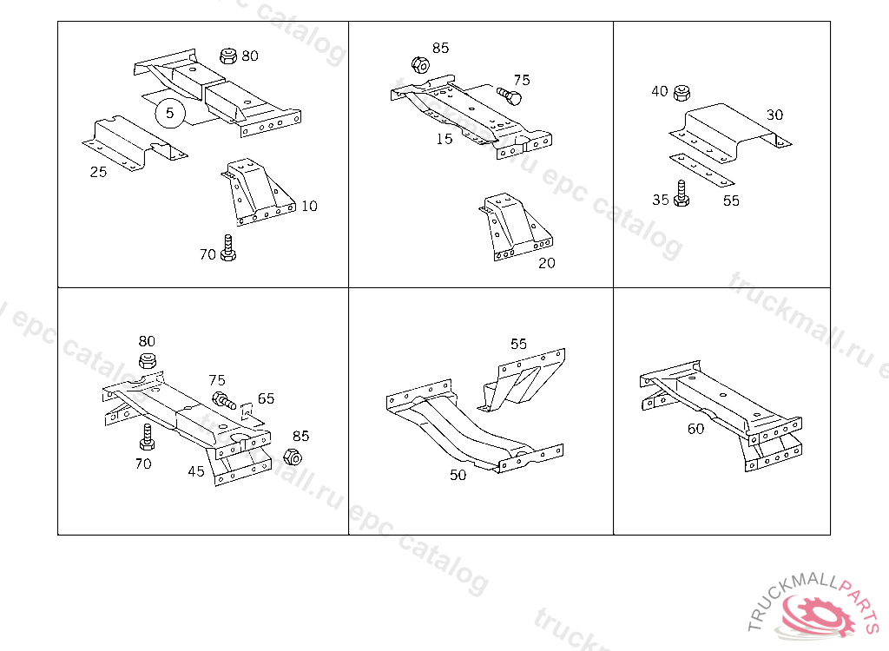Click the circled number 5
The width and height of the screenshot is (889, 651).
pos(169,113)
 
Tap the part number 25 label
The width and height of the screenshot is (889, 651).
pos(98,172)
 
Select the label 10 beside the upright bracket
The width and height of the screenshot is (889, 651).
pos(309,206)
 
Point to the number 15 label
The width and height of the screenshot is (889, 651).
pos(444,139)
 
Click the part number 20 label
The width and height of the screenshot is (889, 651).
pos(546,263)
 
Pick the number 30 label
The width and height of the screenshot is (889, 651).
pos(774,115)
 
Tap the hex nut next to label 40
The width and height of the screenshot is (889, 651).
pos(682,92)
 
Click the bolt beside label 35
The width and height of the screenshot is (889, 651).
pos(682,194)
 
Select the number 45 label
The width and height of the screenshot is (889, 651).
pos(196,472)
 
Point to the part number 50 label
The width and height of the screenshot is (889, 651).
pos(458,475)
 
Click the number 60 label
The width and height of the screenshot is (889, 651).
pos(695,429)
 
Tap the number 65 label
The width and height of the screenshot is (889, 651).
pos(266,398)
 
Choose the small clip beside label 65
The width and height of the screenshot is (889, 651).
pos(246,409)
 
